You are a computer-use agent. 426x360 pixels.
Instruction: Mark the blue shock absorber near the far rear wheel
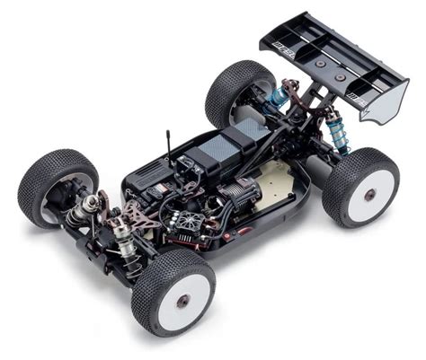tap(275, 95)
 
